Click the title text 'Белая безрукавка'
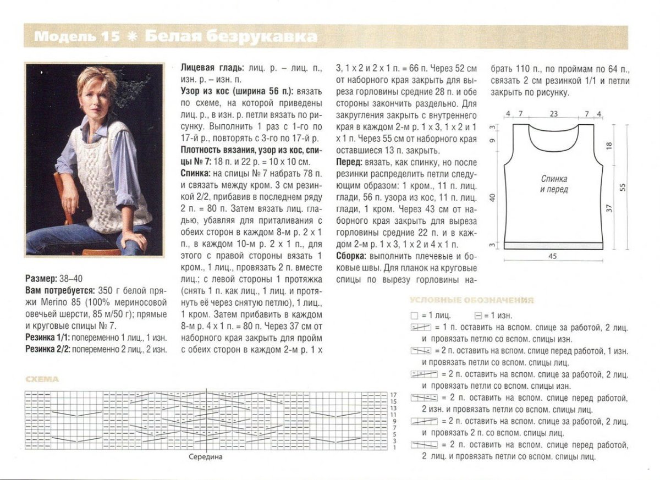(x=231, y=37)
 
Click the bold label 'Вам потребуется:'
(x=60, y=290)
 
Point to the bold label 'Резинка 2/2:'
(x=48, y=349)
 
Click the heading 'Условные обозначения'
(x=471, y=300)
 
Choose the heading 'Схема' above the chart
(x=42, y=379)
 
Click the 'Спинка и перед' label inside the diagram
(x=554, y=184)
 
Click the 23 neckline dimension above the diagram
(x=553, y=114)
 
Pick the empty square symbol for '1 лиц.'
(x=415, y=316)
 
